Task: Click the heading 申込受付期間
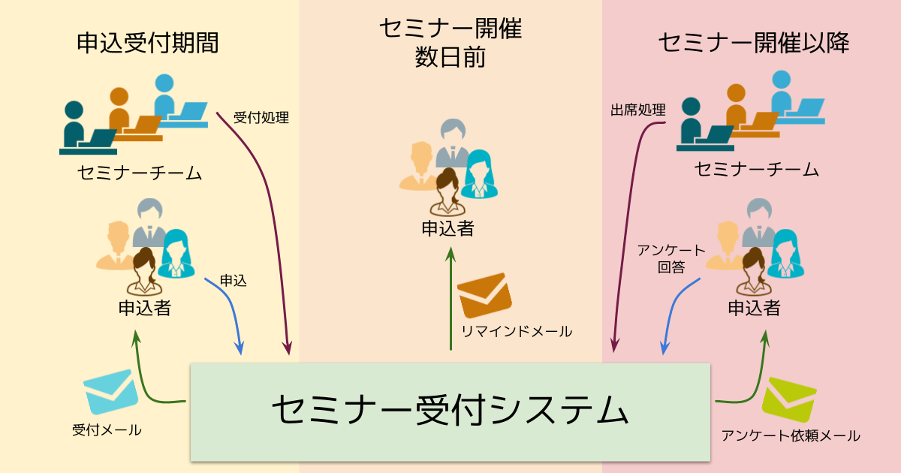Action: (x=148, y=43)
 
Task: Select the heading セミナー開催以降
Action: (x=754, y=43)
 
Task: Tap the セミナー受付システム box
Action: (x=450, y=411)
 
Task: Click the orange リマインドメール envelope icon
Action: (x=484, y=296)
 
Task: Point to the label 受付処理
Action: (x=261, y=118)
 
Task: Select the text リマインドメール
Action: (x=517, y=330)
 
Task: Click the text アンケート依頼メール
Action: (x=791, y=435)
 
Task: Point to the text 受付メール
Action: (x=107, y=430)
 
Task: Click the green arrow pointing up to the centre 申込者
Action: (x=450, y=300)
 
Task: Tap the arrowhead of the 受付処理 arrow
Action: (x=287, y=348)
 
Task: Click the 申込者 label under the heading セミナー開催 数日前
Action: (x=447, y=229)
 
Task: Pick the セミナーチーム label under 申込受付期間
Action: (x=140, y=173)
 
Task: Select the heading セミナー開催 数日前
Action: (x=450, y=43)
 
